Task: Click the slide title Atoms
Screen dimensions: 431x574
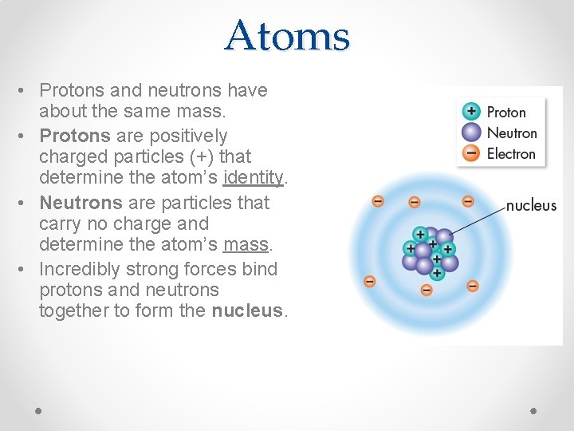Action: tap(287, 36)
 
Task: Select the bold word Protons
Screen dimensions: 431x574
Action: tap(70, 136)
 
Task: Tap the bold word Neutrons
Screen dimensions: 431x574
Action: tap(75, 203)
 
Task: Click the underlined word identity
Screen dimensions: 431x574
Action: tap(254, 177)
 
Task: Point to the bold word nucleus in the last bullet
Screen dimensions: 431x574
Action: tap(246, 311)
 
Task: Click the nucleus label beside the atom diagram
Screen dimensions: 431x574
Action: tap(531, 205)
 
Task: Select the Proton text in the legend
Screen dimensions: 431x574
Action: tap(506, 113)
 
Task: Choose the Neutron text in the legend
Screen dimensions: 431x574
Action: tap(511, 133)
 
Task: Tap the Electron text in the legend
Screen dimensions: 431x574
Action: tap(510, 153)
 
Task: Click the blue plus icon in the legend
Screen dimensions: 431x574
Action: tap(472, 112)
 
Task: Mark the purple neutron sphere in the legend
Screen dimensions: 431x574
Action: tap(472, 132)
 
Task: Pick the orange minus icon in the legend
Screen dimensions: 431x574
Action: tap(472, 153)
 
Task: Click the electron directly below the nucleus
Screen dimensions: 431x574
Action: tap(427, 290)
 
